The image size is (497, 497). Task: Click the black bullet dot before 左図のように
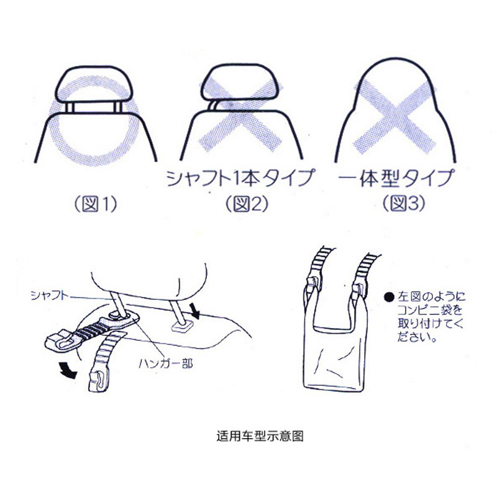pyautogui.click(x=388, y=298)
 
